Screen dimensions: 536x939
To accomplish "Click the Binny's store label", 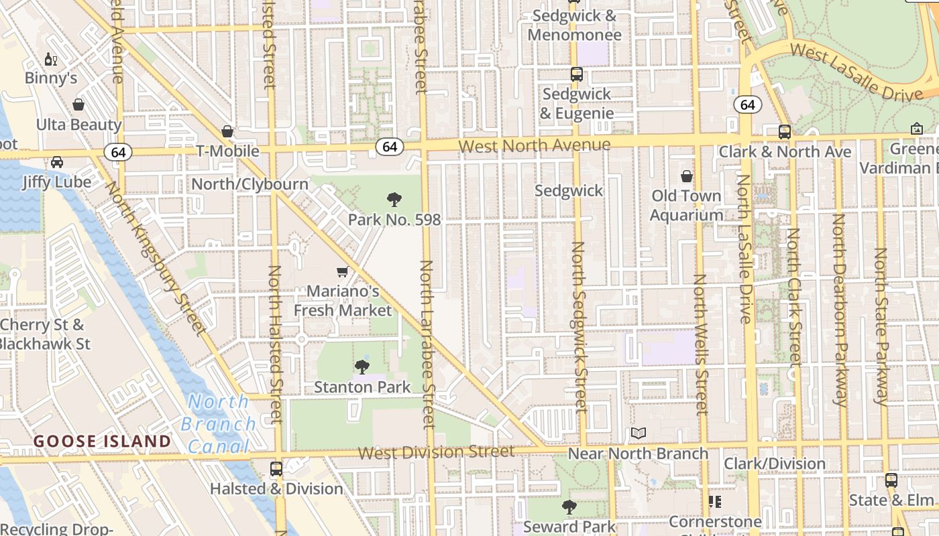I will click(51, 78).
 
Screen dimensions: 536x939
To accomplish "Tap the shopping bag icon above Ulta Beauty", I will click(78, 105).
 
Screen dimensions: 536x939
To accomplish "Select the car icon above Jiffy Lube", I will click(57, 162).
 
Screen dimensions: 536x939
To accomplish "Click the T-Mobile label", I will click(227, 151).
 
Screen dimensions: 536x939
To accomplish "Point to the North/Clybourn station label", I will click(250, 184).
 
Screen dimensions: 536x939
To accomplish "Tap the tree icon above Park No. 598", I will click(394, 200).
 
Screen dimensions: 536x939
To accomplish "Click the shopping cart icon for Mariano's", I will click(343, 272).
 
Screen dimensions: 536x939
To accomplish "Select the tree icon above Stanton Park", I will click(362, 367).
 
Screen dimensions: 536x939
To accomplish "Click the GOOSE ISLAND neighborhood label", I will click(103, 442).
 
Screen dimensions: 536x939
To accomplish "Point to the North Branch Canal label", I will click(218, 423).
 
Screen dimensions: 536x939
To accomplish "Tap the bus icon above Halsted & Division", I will click(276, 469).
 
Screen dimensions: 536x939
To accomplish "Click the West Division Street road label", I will click(436, 453).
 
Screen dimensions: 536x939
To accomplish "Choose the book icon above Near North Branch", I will click(638, 434).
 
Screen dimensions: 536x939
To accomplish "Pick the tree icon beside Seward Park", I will click(569, 507).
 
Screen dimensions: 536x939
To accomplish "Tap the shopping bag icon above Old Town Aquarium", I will click(686, 177).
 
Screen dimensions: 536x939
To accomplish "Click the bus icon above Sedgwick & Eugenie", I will click(576, 74).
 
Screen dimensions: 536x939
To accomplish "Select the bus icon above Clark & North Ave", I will click(784, 132).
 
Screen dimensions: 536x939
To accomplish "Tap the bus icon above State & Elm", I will click(891, 480).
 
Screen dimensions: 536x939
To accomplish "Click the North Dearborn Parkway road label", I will click(839, 310).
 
